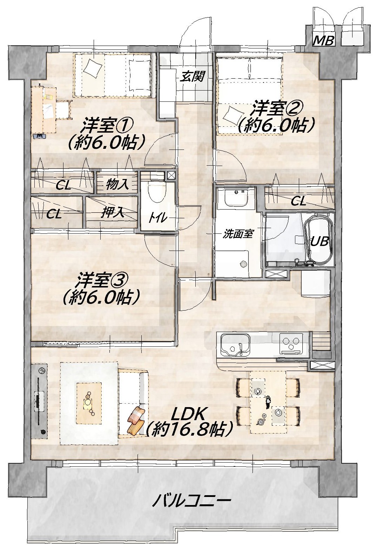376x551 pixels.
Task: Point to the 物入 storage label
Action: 117,184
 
